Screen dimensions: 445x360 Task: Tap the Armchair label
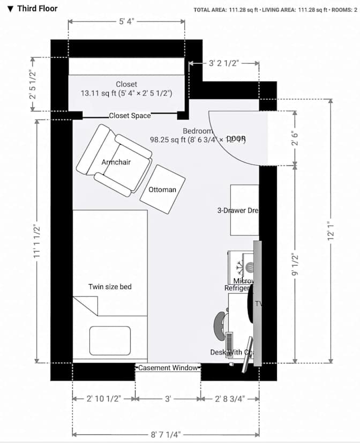click(x=116, y=161)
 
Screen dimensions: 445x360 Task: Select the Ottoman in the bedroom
click(x=162, y=189)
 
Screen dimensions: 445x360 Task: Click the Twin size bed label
click(x=110, y=287)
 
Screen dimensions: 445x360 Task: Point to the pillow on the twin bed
click(x=110, y=340)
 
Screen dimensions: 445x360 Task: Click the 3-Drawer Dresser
click(x=244, y=210)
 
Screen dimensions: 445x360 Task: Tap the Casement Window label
click(x=168, y=368)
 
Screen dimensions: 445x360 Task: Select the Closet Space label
click(x=130, y=115)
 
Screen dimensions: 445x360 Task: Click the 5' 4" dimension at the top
click(x=126, y=21)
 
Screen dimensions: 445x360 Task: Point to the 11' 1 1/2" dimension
click(x=36, y=242)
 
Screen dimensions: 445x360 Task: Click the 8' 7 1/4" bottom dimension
click(x=166, y=434)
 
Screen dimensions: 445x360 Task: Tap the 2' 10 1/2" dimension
click(x=104, y=399)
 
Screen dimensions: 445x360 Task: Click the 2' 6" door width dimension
click(x=295, y=138)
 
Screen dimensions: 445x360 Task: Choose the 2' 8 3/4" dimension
click(x=230, y=399)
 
